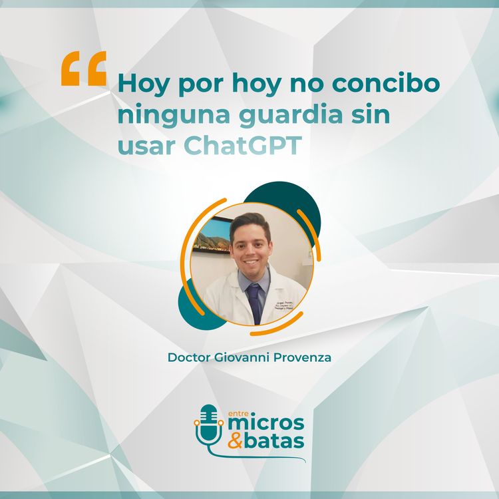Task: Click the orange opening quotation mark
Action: point(84,69)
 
